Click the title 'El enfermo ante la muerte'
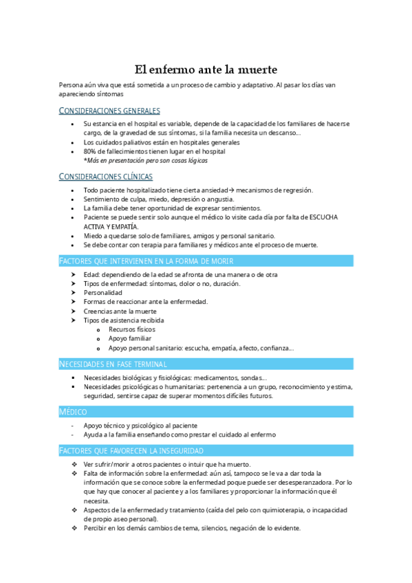coord(205,69)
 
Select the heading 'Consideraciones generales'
coord(109,111)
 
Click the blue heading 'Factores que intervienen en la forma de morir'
coord(147,261)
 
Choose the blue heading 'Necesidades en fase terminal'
coord(113,364)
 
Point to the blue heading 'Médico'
coord(74,411)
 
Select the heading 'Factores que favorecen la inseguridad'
coord(131,450)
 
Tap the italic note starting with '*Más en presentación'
coord(145,160)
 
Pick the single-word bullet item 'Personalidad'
coord(103,292)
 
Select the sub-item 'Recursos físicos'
coord(132,329)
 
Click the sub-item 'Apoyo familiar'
coord(130,339)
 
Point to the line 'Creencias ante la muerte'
coord(120,311)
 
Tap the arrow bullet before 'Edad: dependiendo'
coord(74,274)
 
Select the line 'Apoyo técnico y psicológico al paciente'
coord(140,425)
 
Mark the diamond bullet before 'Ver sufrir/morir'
coord(74,464)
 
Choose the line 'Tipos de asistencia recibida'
coord(124,320)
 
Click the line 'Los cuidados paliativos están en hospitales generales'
coord(162,142)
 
